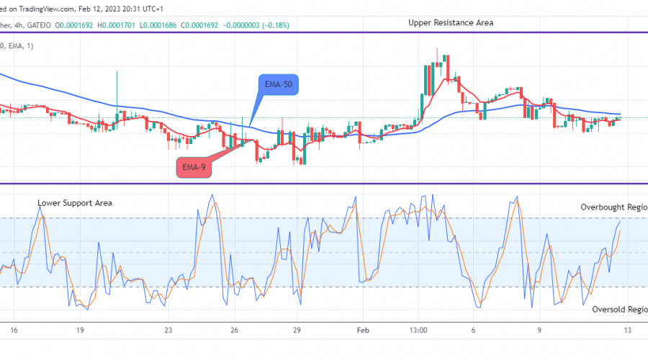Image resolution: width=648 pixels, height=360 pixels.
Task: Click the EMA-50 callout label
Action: [x=279, y=86]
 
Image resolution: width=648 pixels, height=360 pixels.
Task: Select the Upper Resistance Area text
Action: [x=450, y=22]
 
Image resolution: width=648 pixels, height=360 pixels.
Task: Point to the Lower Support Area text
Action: [x=75, y=203]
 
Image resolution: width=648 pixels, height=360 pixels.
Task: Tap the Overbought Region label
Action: [x=614, y=207]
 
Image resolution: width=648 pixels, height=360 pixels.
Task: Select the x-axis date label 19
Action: [x=81, y=330]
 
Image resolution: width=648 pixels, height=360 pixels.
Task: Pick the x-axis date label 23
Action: [x=168, y=330]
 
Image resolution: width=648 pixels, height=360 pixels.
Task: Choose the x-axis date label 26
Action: [x=234, y=330]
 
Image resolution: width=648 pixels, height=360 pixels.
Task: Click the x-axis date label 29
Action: [x=295, y=330]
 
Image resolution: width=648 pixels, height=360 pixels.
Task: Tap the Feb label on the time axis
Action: [x=362, y=330]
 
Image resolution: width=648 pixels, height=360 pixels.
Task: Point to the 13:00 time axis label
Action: [x=418, y=330]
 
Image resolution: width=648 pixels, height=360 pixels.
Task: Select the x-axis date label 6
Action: [x=473, y=330]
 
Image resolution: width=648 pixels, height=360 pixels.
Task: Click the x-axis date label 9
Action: [x=539, y=330]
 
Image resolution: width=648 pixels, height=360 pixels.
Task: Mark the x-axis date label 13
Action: [x=627, y=330]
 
